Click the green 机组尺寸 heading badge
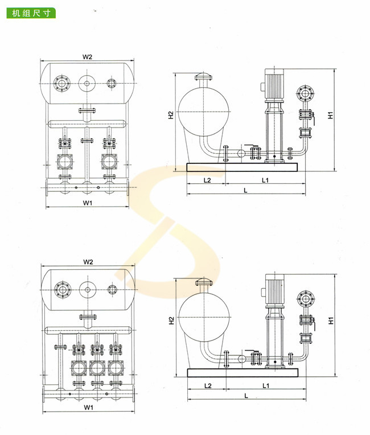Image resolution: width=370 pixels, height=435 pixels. point(31,13)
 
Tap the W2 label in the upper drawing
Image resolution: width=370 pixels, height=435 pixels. point(87,57)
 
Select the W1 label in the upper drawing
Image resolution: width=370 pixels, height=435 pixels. point(88,203)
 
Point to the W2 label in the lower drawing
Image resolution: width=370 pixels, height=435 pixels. point(88,262)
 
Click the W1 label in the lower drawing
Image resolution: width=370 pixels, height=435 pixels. point(88,408)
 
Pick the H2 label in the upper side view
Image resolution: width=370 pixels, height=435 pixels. point(171,115)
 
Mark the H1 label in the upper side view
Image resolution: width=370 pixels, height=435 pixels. point(330,115)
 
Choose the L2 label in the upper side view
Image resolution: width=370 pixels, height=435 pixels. point(207,180)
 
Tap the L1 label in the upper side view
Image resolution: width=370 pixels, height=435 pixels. point(265,180)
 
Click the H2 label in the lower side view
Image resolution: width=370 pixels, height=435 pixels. point(171,321)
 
